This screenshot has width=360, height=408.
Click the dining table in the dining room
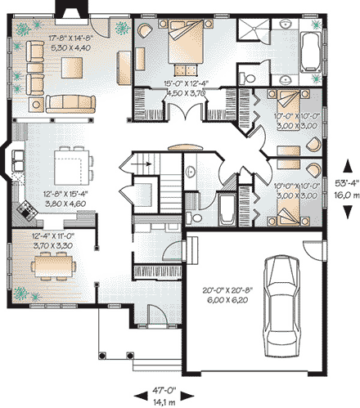click(x=51, y=264)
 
